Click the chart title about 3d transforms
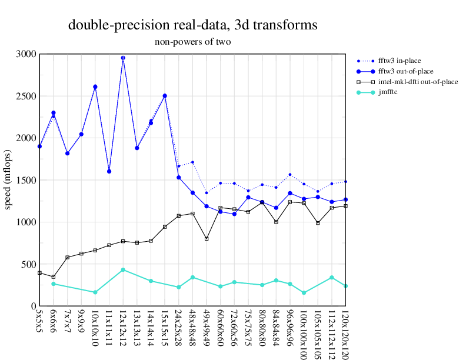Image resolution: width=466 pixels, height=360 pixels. (192, 25)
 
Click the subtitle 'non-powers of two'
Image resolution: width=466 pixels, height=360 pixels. (192, 42)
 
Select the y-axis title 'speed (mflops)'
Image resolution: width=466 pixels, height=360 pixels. (9, 180)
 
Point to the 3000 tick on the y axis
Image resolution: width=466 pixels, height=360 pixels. (26, 54)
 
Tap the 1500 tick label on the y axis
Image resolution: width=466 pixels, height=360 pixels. (26, 180)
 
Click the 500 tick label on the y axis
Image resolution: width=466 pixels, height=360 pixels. (28, 264)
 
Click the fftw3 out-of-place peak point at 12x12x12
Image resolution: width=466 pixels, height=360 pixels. (123, 58)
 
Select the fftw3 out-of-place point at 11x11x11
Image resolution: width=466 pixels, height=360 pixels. (109, 171)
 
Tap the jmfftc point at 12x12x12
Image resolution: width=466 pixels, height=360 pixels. (123, 269)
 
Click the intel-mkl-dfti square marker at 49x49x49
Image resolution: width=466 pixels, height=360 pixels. (207, 239)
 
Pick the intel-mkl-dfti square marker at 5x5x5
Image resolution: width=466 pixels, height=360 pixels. (39, 273)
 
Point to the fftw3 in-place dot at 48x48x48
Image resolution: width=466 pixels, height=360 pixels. (192, 162)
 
